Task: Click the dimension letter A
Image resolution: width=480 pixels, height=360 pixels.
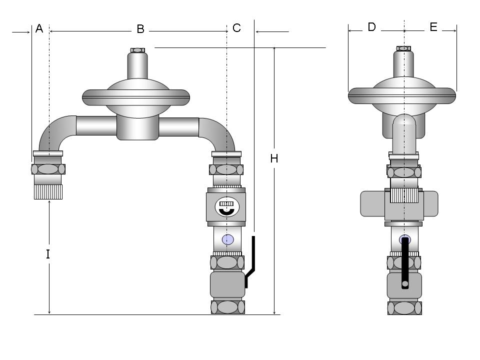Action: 39,28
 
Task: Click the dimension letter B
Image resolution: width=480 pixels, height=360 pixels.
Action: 140,29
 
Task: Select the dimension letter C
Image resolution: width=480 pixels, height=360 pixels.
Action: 236,28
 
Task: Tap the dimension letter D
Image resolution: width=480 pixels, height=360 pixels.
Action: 371,27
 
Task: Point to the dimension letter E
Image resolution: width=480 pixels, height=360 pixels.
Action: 433,27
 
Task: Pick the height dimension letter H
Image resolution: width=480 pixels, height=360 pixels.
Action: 274,158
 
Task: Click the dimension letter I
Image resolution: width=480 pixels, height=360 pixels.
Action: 48,254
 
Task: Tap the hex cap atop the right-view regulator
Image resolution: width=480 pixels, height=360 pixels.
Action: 404,48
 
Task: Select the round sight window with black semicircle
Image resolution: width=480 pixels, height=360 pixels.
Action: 226,207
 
